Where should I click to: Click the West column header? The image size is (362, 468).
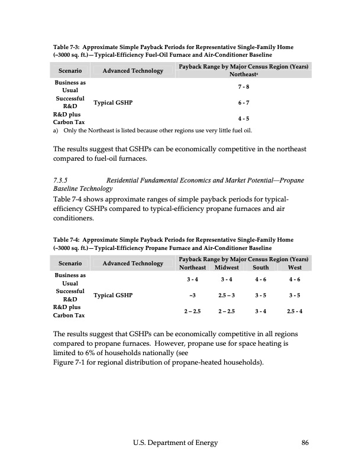pos(294,268)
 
